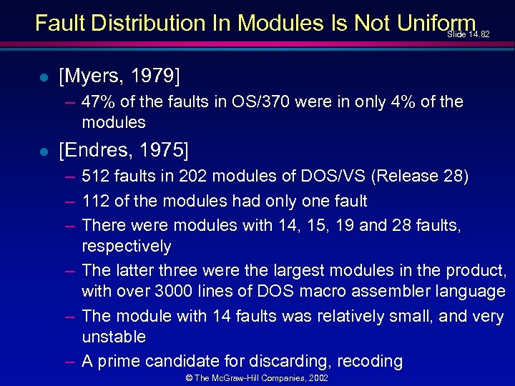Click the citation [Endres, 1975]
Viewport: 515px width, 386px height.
(x=124, y=150)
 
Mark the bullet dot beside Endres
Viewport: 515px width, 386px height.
(x=44, y=152)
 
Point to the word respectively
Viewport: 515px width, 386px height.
(x=127, y=247)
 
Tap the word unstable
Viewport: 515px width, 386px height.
(x=114, y=337)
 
